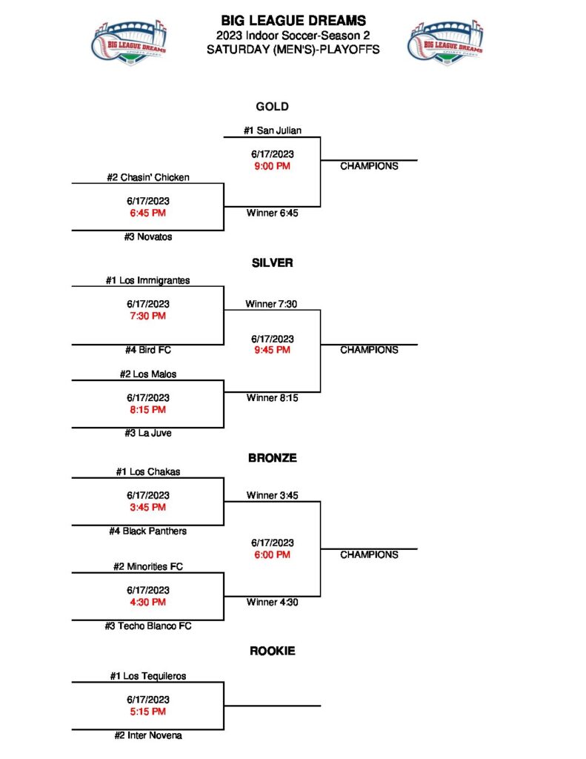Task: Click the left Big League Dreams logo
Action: pyautogui.click(x=130, y=42)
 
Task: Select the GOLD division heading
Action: pyautogui.click(x=272, y=107)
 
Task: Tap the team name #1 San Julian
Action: pyautogui.click(x=272, y=130)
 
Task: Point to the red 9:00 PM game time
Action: pyautogui.click(x=272, y=166)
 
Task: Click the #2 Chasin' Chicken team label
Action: pyautogui.click(x=147, y=177)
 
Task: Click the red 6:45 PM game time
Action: pyautogui.click(x=147, y=213)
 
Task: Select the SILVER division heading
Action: pyautogui.click(x=272, y=262)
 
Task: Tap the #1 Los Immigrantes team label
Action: pyautogui.click(x=147, y=280)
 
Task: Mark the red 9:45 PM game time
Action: pyautogui.click(x=272, y=351)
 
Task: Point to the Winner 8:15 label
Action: pyautogui.click(x=272, y=398)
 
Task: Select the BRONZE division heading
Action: pyautogui.click(x=272, y=458)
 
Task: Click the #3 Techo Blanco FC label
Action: pyautogui.click(x=147, y=626)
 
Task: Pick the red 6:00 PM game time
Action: pyautogui.click(x=272, y=554)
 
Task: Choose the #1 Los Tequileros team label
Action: pyautogui.click(x=147, y=676)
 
